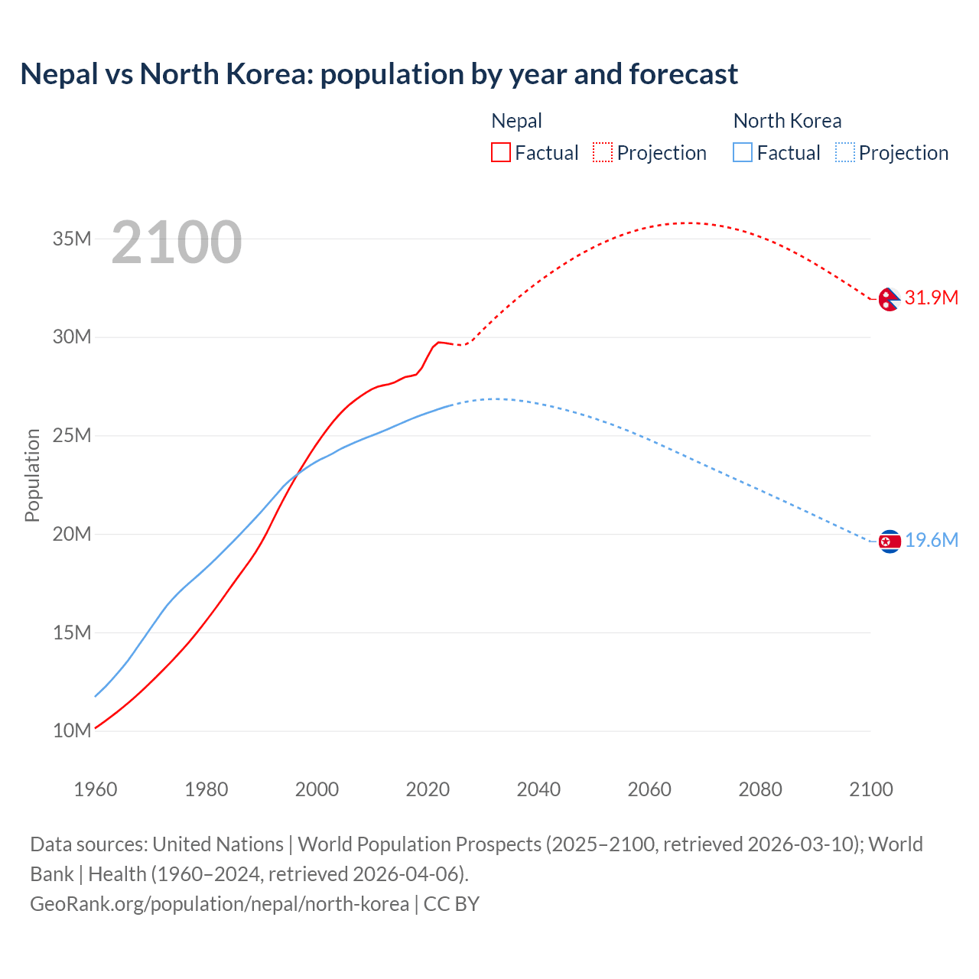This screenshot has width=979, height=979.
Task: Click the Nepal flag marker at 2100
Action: tap(889, 299)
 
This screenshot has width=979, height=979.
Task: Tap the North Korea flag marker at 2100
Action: tap(890, 542)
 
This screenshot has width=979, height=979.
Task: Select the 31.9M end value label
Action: tap(931, 298)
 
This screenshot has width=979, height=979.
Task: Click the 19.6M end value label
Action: tap(931, 541)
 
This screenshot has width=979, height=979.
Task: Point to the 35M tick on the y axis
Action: tap(72, 239)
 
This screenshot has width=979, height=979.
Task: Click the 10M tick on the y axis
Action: tap(72, 730)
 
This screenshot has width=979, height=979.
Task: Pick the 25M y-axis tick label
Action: tap(72, 435)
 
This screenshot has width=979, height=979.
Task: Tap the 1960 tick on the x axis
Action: tap(96, 789)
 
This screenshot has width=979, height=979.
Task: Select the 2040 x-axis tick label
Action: tap(538, 789)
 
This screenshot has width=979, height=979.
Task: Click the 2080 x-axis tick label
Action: tap(760, 789)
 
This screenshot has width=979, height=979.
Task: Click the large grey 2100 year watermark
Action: tap(177, 242)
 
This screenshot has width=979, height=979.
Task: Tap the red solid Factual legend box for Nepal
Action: tap(500, 152)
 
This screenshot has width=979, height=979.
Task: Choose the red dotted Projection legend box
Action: tap(603, 152)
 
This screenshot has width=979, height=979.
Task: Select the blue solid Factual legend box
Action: tap(743, 152)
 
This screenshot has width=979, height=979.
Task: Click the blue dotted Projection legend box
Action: tap(845, 152)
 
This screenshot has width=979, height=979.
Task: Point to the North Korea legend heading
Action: tap(787, 121)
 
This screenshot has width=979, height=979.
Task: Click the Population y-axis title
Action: tap(32, 475)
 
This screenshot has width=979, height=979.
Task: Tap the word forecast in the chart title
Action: tap(683, 74)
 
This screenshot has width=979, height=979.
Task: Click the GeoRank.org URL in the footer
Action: tap(220, 904)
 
